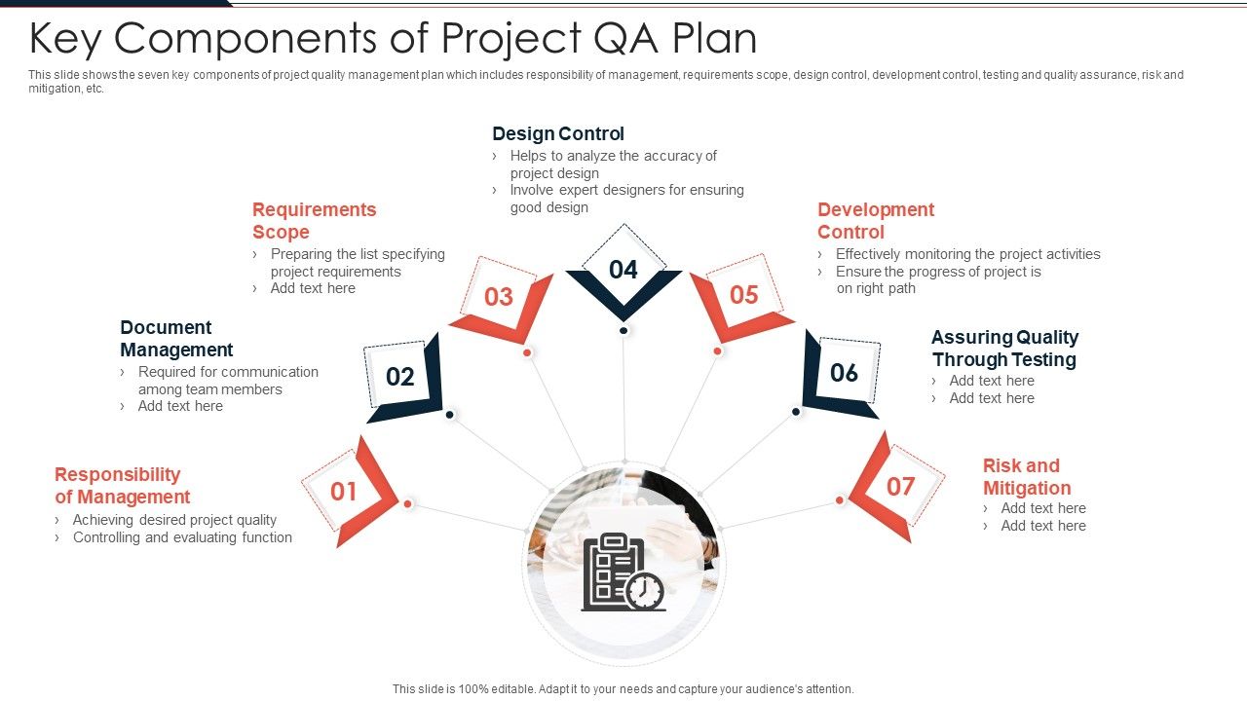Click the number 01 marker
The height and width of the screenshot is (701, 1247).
(344, 492)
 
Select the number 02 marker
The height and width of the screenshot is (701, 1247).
(400, 377)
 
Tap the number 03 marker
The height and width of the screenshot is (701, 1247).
(499, 297)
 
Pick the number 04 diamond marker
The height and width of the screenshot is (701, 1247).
(623, 270)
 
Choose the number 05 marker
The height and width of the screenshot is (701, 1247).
(743, 295)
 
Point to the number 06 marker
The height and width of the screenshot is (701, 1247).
(844, 373)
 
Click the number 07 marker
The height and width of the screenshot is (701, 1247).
(900, 486)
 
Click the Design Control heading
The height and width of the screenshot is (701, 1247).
(558, 133)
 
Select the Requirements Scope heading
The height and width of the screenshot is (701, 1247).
(314, 221)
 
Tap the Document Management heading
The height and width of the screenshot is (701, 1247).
(176, 338)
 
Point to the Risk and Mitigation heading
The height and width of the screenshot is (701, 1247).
(1026, 477)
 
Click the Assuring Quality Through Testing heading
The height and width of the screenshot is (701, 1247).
(1004, 349)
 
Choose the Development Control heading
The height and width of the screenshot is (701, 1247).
(875, 221)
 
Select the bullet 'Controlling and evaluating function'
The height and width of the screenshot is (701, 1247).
(182, 537)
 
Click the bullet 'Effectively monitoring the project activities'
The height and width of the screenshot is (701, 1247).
(967, 254)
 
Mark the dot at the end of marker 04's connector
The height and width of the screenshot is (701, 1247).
(623, 331)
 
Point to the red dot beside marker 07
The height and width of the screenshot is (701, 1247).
(839, 500)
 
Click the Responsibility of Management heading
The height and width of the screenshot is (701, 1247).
(122, 486)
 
